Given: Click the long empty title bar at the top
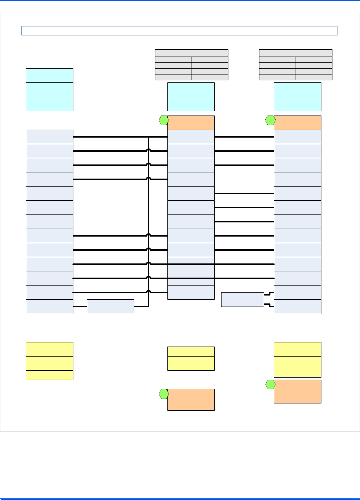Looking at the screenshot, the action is pos(179,31).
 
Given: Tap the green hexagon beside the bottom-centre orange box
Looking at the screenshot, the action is pos(164,394).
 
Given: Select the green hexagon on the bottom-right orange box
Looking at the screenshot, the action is pos(270,384).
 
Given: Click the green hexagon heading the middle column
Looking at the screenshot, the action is pos(164,120).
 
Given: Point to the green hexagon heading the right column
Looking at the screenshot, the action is pos(270,120).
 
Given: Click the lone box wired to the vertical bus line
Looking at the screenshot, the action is pos(110,307).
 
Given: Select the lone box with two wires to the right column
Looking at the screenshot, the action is pos(243,299).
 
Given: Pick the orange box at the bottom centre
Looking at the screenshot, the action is pos(191,400).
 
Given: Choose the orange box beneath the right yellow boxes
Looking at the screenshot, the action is pos(297,391).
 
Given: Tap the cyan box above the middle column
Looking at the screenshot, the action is pos(191,97).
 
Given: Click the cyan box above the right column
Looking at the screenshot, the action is pos(297,97).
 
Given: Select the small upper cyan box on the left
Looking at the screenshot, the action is pos(50,75).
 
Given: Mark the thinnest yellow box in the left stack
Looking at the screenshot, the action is pos(50,375).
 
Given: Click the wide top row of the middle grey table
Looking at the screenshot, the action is pos(192,53).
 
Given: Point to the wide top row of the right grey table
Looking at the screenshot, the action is pos(296,53).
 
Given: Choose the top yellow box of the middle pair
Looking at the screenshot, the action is pos(191,351).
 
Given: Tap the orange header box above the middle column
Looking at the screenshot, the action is pos(191,122).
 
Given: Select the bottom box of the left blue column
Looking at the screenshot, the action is pos(50,307).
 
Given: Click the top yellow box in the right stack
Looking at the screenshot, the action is pos(297,349).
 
